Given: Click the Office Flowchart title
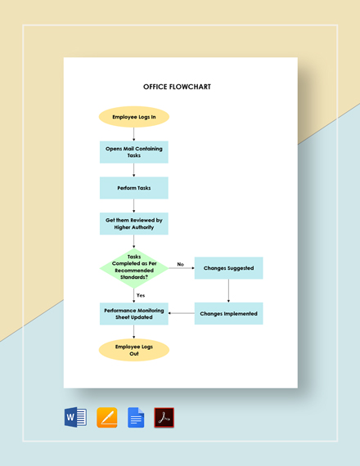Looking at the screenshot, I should [x=177, y=87].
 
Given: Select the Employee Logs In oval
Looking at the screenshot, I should [x=134, y=116].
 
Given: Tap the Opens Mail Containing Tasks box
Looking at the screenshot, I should [x=134, y=152].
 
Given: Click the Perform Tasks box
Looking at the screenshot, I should [x=134, y=188].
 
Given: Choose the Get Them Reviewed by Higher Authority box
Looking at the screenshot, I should [x=134, y=223].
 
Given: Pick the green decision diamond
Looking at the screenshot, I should [x=134, y=268].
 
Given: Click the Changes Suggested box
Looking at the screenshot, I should [x=228, y=268].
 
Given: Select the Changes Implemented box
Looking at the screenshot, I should [x=228, y=314].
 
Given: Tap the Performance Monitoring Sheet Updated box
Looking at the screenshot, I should [x=134, y=314].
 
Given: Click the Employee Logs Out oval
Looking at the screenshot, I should [x=134, y=350].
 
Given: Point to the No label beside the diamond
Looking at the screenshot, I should [x=180, y=264].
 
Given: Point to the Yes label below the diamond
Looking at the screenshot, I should [x=141, y=294].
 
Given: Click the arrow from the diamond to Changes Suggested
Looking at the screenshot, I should [x=181, y=269].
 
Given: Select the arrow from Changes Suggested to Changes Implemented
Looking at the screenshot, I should [x=228, y=291].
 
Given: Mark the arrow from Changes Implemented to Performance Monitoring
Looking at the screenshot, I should [x=182, y=314].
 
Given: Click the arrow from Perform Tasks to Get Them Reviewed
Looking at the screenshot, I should [x=134, y=206].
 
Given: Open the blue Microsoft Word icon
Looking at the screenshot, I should [x=75, y=418].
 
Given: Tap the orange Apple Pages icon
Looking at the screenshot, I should [x=107, y=418].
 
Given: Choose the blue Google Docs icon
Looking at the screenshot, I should [x=136, y=418].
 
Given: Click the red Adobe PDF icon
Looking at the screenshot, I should [x=164, y=418].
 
